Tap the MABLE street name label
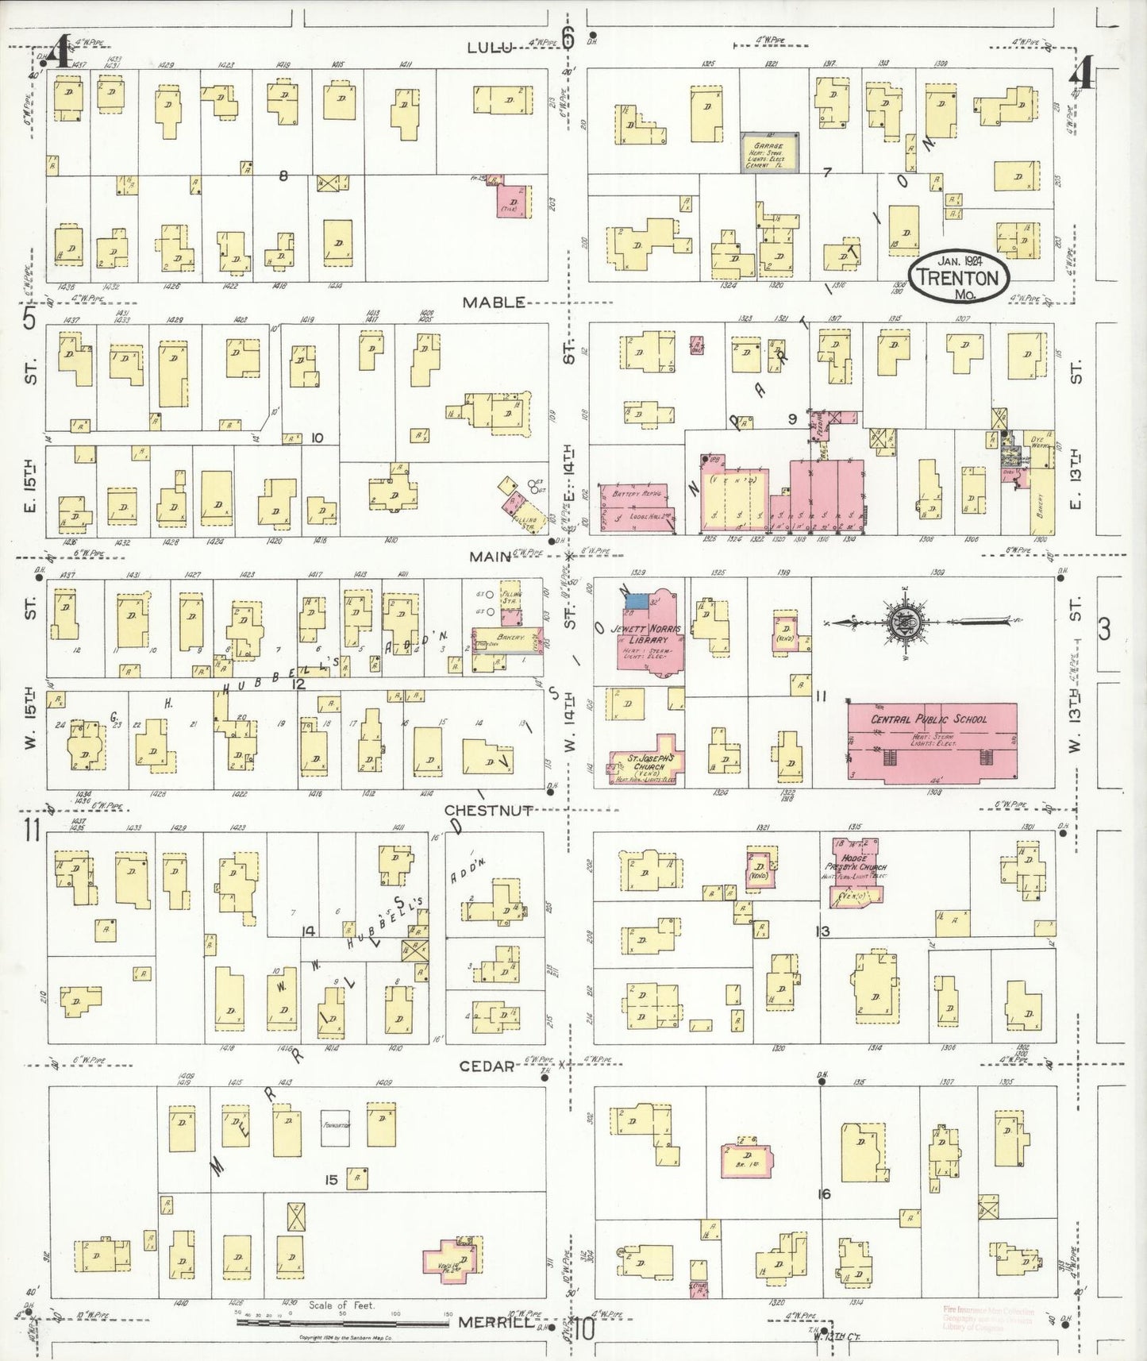(495, 303)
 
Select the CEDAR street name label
(487, 1066)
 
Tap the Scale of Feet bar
(343, 1323)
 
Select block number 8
(283, 175)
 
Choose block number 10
(317, 437)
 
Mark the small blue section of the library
(636, 600)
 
